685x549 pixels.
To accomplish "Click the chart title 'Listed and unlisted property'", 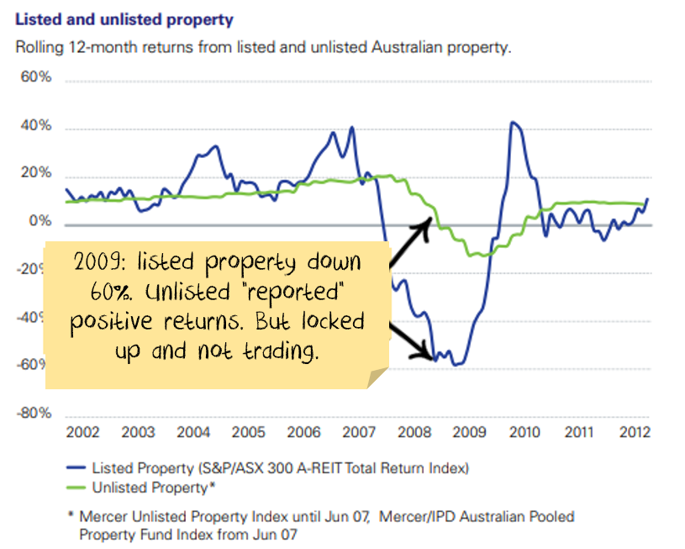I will click(124, 18).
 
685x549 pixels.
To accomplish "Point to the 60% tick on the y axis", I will click(37, 77).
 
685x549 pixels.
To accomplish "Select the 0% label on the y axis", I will click(41, 222).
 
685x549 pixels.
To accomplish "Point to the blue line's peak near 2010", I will click(513, 123).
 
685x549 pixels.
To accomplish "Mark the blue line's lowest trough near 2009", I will click(456, 365).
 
